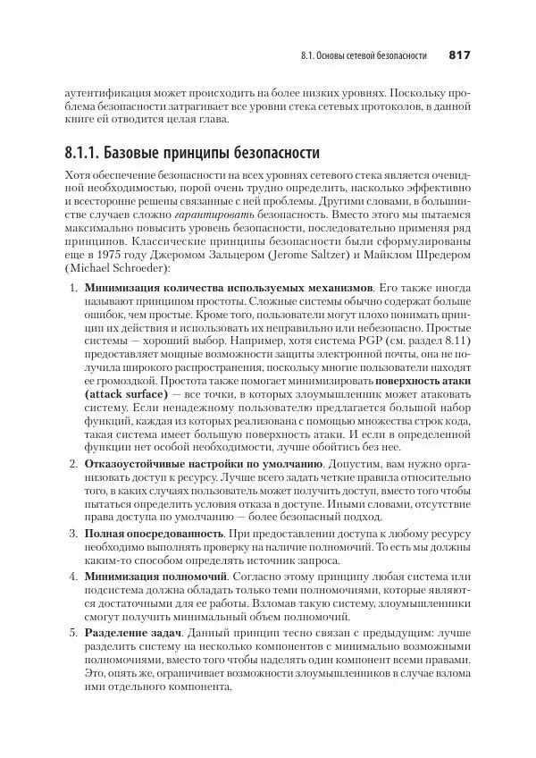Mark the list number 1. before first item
click(x=74, y=289)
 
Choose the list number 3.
click(x=74, y=533)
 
